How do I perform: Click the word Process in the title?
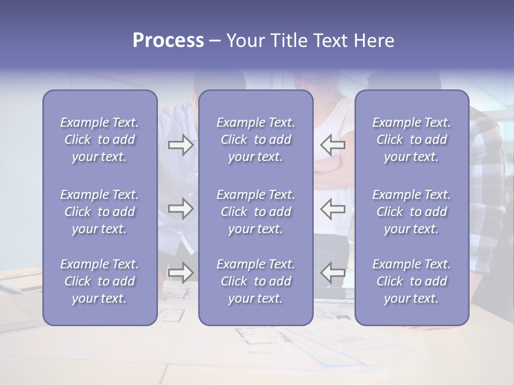coord(168,41)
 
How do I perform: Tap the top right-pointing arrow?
coord(180,145)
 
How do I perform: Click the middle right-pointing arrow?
coord(180,209)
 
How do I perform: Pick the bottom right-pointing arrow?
coord(180,273)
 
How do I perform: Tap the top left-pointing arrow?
coord(333,145)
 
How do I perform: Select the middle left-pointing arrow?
coord(333,209)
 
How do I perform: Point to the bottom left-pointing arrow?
coord(333,273)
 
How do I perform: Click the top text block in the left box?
coord(100,140)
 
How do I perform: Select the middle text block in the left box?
coord(100,212)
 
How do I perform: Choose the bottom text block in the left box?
coord(100,281)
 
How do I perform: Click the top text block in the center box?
coord(256,140)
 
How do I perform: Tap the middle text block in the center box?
coord(256,212)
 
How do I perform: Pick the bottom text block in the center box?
coord(256,281)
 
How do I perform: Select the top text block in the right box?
coord(412,140)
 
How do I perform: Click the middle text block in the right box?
coord(412,212)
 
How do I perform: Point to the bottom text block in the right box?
coord(412,281)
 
